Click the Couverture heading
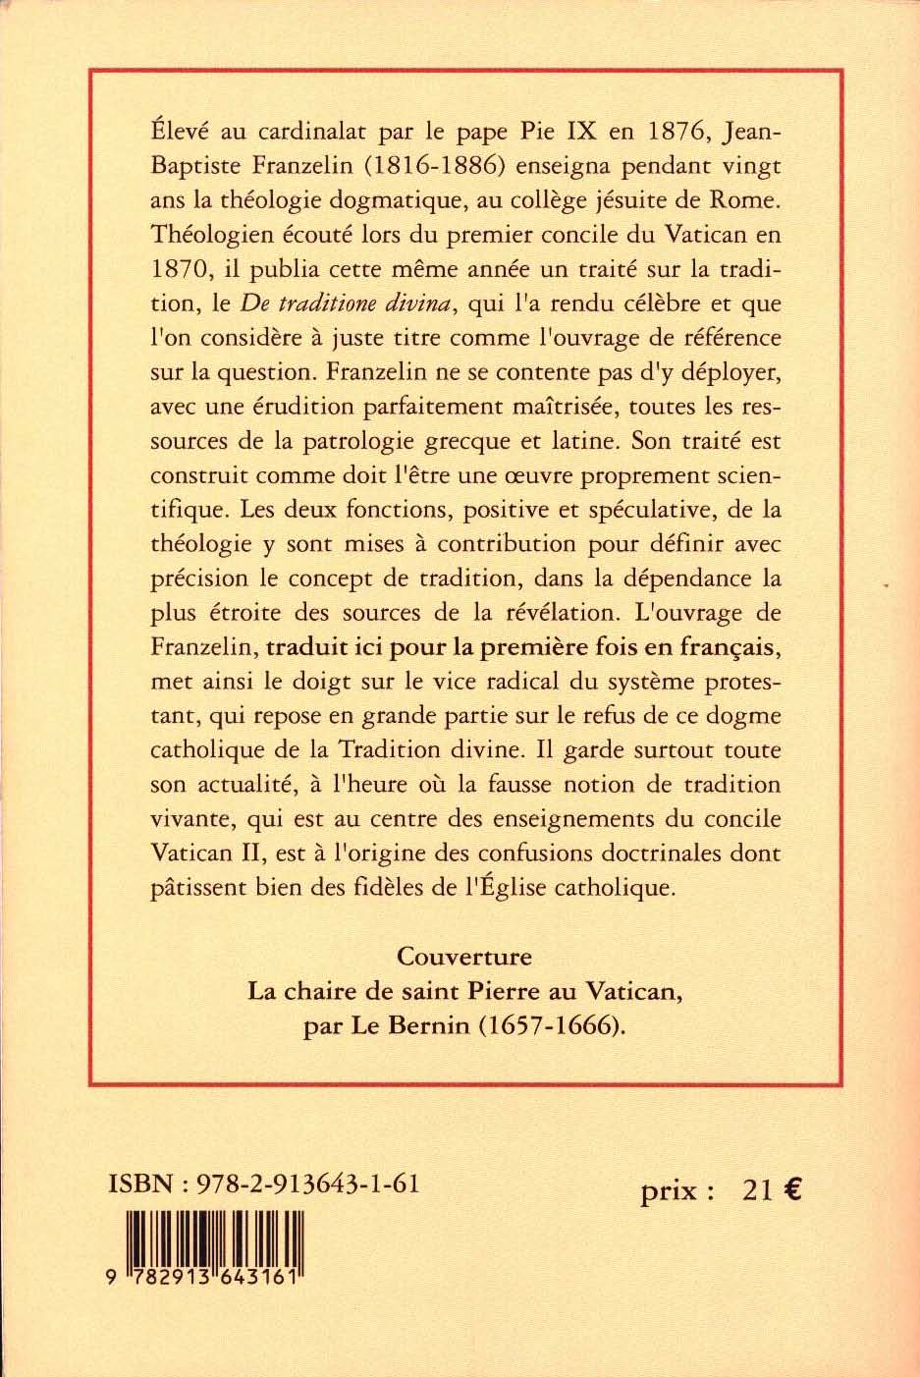pyautogui.click(x=464, y=956)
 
